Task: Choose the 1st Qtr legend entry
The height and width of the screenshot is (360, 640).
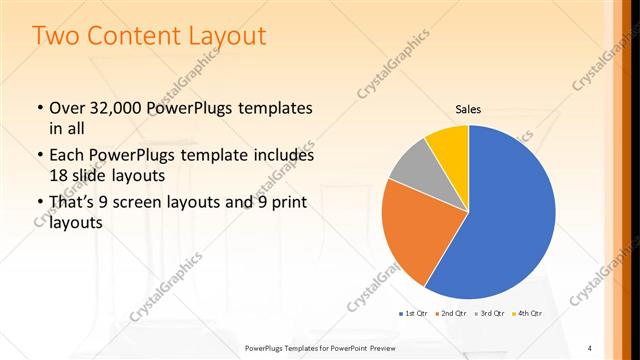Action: click(415, 314)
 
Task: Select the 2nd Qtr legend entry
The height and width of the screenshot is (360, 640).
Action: click(452, 314)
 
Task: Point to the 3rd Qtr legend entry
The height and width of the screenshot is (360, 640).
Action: click(489, 314)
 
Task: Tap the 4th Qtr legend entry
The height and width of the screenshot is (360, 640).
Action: click(527, 314)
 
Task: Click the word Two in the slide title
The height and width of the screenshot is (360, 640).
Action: click(58, 36)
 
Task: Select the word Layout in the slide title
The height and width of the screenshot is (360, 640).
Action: click(223, 36)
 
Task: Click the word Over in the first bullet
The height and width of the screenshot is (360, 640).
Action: click(67, 107)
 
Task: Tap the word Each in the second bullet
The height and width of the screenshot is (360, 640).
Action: click(67, 156)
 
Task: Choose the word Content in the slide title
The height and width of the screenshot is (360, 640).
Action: click(128, 36)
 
